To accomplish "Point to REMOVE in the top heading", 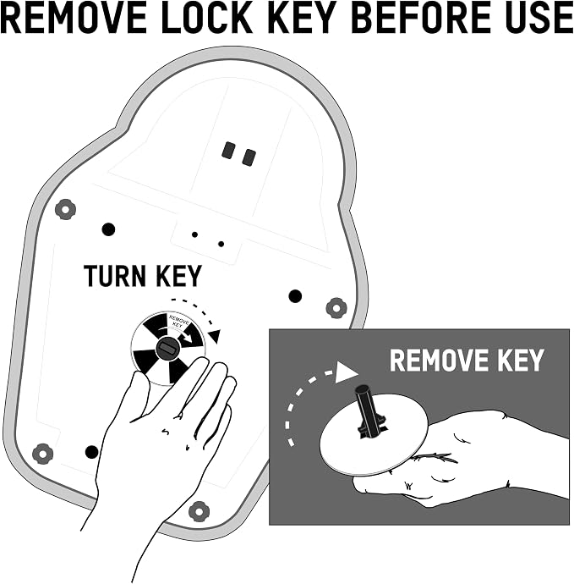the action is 74,18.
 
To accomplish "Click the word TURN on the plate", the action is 115,276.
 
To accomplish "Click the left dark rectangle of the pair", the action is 228,150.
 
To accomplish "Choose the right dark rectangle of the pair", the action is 249,157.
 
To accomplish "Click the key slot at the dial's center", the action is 168,349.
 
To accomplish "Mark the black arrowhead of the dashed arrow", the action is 215,335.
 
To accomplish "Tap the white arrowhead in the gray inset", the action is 346,372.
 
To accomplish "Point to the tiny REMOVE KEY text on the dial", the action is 178,321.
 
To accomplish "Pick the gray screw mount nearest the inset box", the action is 336,308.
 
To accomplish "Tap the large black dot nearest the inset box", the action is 295,296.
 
